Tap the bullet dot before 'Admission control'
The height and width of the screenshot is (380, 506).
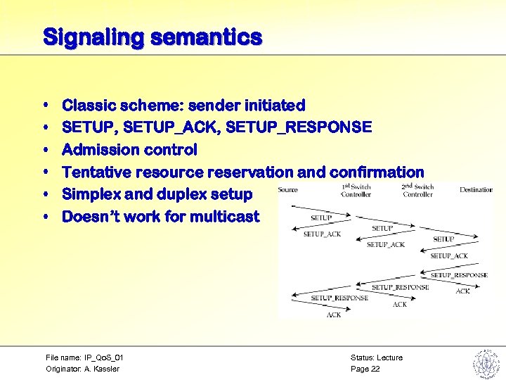[x=46, y=151]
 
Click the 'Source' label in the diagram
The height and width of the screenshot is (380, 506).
[x=288, y=190]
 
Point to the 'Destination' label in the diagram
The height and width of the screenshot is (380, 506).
[x=476, y=190]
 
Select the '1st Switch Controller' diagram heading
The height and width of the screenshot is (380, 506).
[x=356, y=191]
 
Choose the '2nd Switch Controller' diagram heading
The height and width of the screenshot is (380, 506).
[x=417, y=191]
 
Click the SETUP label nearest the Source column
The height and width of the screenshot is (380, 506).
[x=321, y=218]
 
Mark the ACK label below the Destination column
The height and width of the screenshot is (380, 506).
[x=462, y=291]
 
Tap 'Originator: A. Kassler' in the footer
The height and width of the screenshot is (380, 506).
[x=82, y=369]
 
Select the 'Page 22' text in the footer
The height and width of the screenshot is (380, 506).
[x=365, y=369]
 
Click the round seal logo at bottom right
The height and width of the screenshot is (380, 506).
[x=485, y=363]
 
